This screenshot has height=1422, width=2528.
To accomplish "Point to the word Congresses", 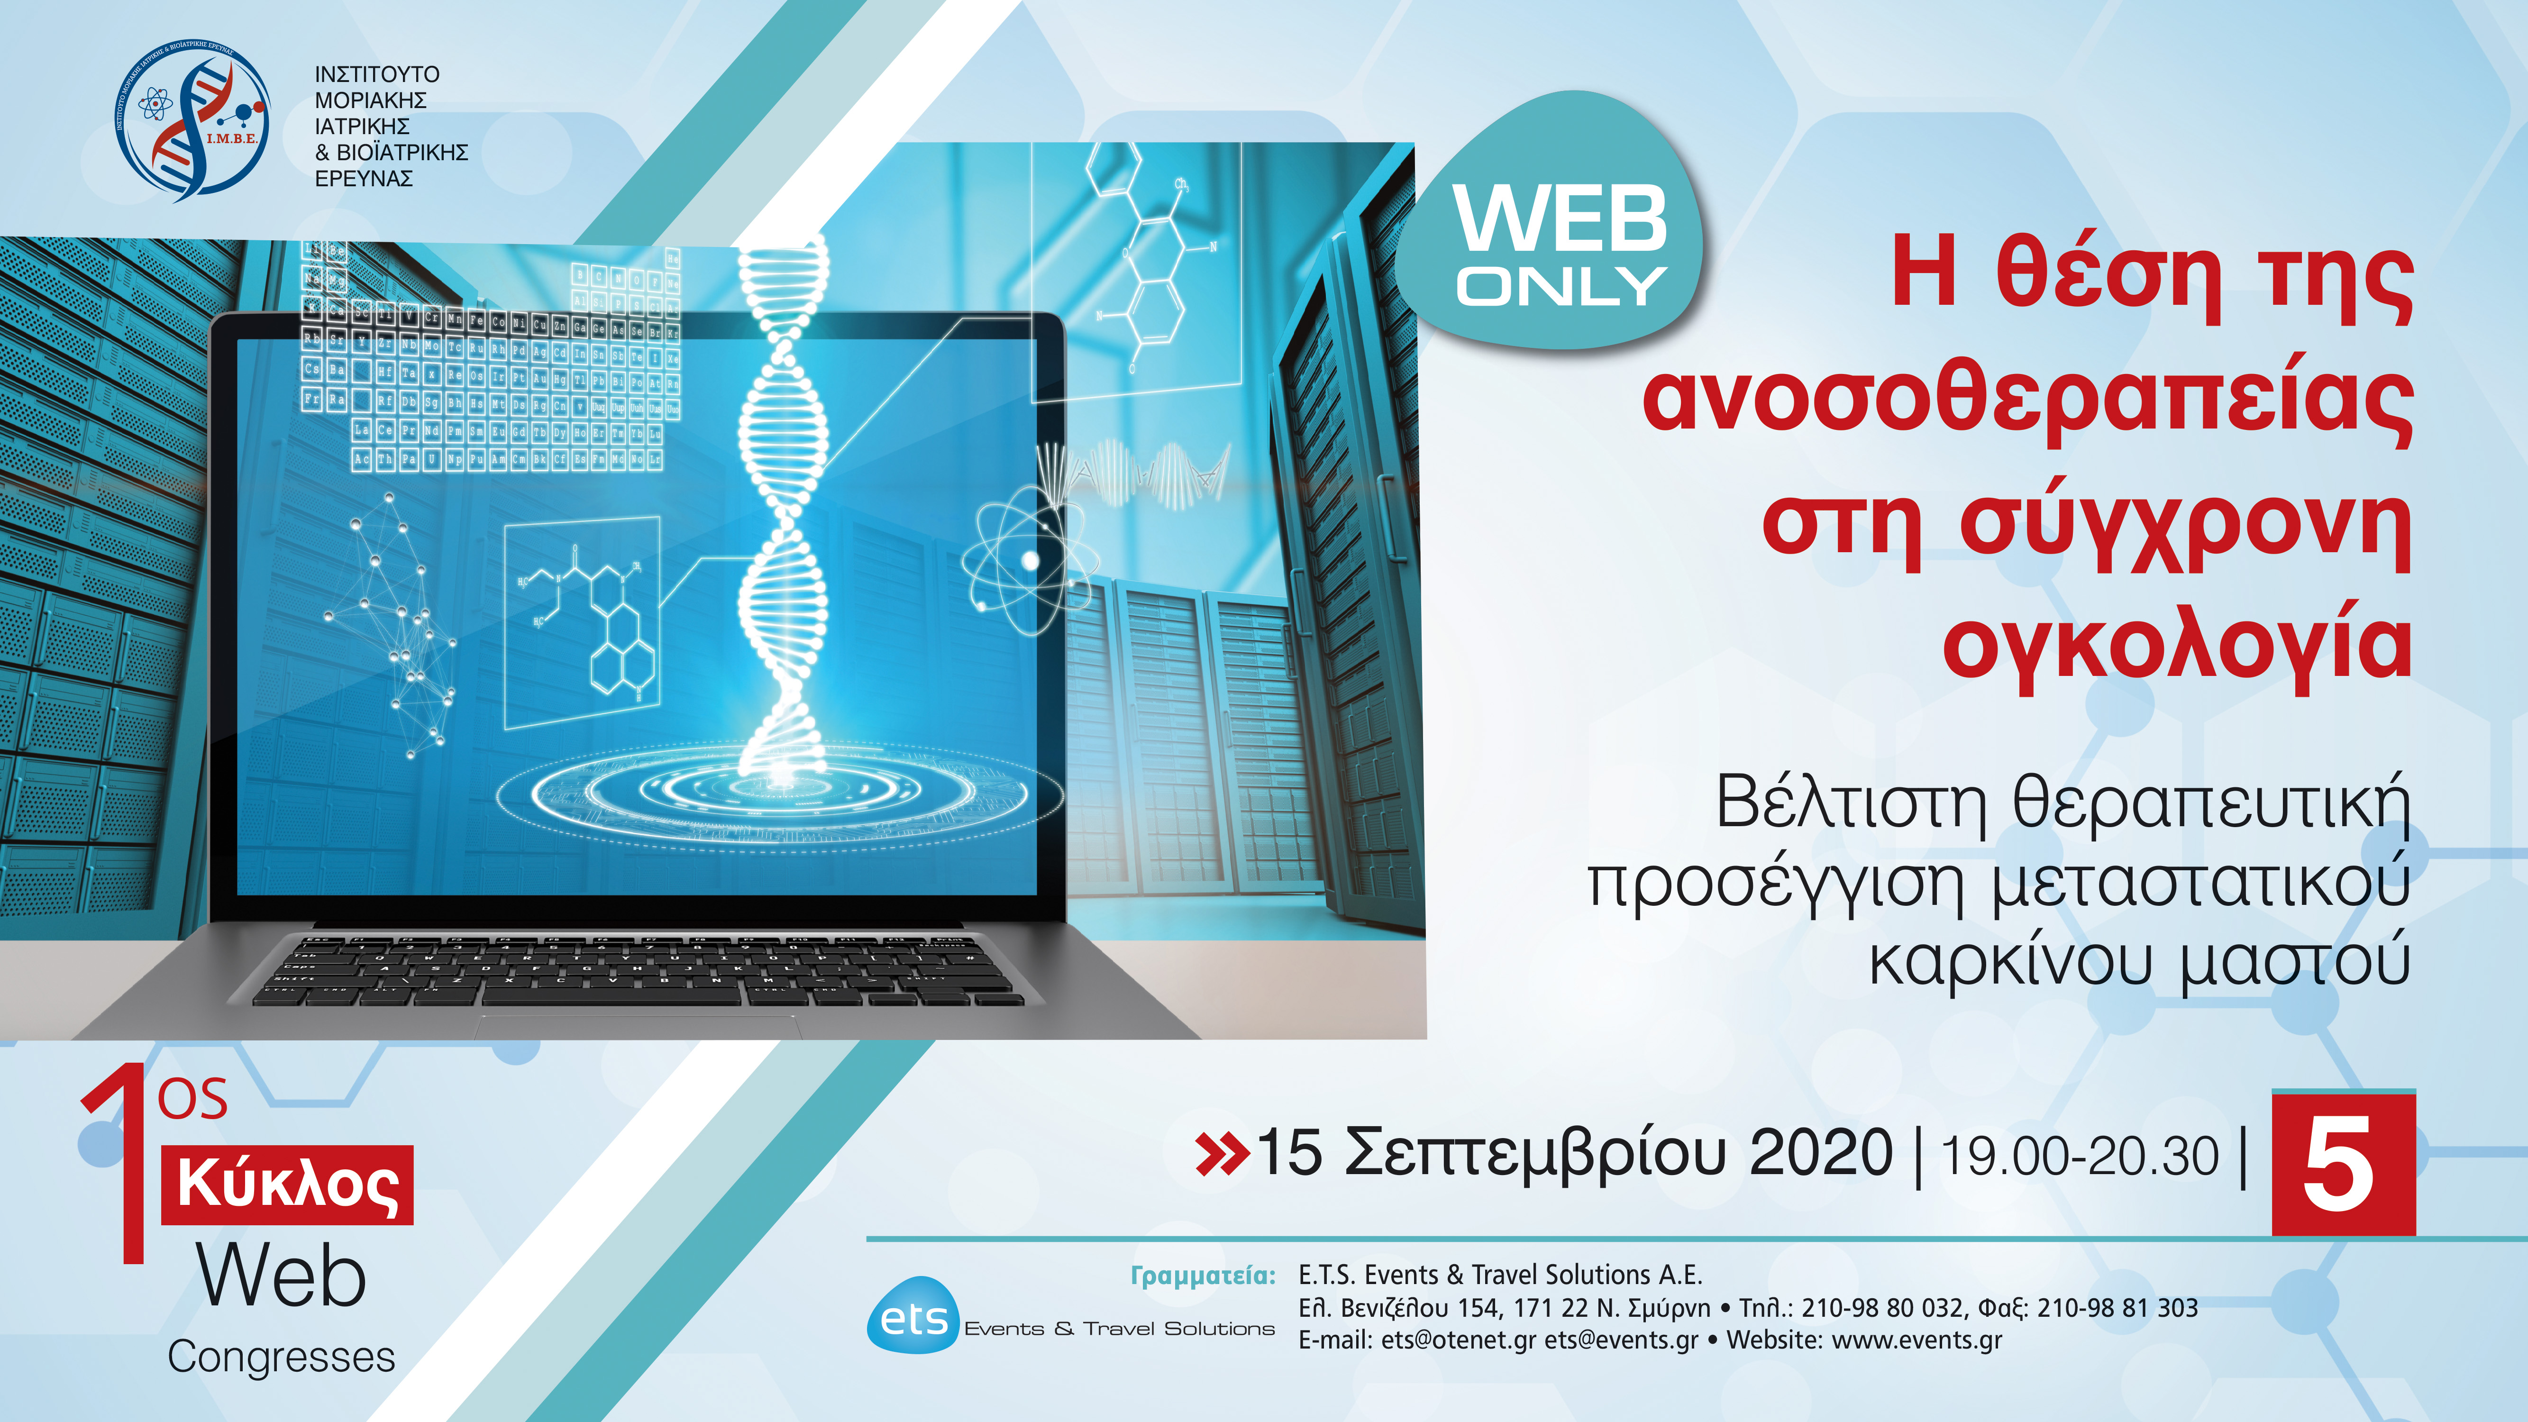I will pos(282,1357).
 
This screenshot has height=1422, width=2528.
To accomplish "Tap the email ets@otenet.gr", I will pos(1458,1340).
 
